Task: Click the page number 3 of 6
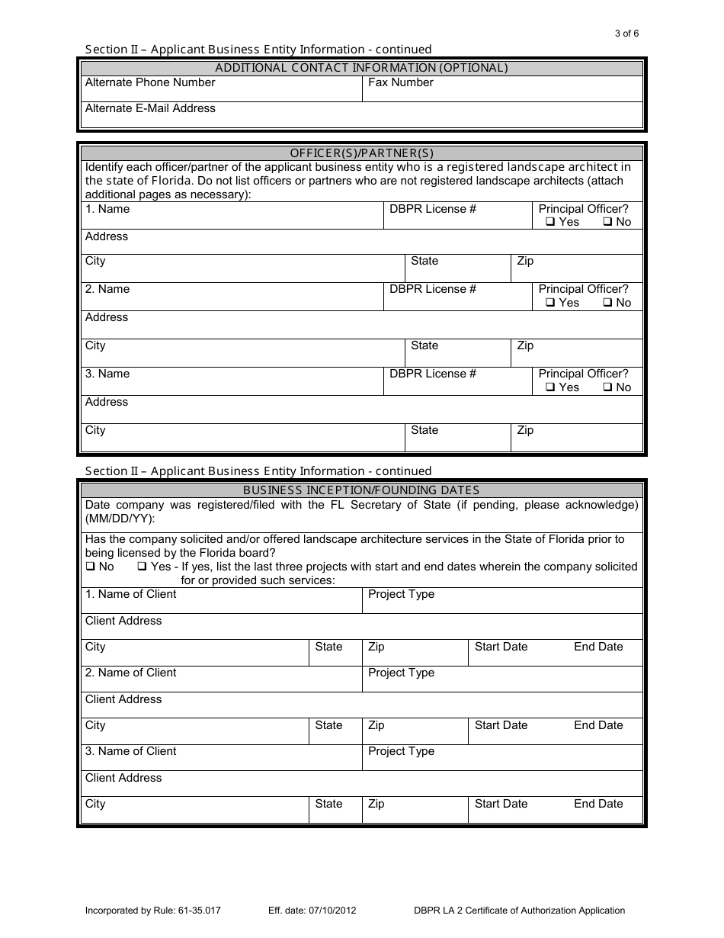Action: coord(626,33)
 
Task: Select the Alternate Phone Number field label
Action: coord(150,82)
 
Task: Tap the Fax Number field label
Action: coord(400,82)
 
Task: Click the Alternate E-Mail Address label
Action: coord(150,108)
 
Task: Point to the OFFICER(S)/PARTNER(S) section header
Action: coord(362,153)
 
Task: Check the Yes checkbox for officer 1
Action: coord(549,223)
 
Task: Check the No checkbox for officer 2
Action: coord(607,304)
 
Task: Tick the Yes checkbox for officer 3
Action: coord(549,388)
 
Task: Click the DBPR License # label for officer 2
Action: coord(432,289)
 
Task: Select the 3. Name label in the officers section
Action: coord(107,374)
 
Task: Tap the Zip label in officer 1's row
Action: coord(525,261)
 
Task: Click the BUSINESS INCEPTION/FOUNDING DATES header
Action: coord(361,490)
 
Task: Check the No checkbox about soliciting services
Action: coord(90,567)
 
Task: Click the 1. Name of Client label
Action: coord(130,594)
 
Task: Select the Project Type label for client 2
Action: coord(401,673)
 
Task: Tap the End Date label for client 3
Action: coord(598,804)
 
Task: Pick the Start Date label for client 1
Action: coord(501,647)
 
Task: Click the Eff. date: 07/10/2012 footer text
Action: coord(312,910)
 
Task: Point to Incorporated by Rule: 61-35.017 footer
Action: coord(153,910)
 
